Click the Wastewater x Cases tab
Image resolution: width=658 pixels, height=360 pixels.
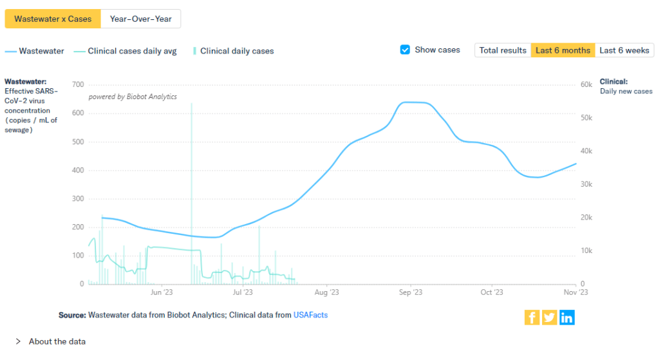pos(53,19)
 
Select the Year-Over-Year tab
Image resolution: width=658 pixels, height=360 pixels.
pos(140,19)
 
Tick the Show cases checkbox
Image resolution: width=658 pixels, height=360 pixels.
pos(405,50)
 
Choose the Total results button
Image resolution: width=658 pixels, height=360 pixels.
pos(503,50)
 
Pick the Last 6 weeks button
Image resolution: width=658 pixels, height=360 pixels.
pos(624,50)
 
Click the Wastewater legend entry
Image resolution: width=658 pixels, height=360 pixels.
pos(35,51)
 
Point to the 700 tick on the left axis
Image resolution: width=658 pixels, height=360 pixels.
pos(77,85)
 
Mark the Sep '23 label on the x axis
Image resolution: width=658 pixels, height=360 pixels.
pos(410,292)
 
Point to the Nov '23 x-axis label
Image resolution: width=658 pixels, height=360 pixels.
pos(575,292)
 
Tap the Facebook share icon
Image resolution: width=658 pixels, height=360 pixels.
pos(532,317)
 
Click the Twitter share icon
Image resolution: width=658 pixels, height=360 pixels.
pos(549,317)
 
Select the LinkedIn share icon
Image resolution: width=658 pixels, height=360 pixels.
pos(567,317)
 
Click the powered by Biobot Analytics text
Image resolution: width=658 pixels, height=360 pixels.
pos(133,97)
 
